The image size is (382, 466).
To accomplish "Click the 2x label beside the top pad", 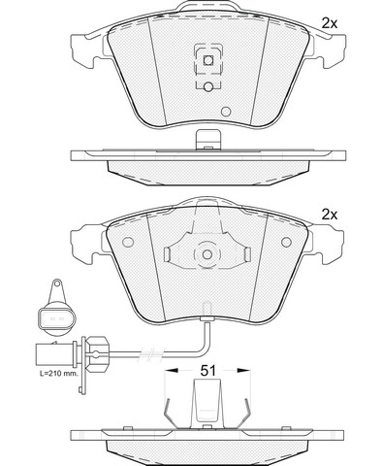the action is (x=329, y=23).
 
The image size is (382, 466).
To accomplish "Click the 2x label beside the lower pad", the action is (x=329, y=215).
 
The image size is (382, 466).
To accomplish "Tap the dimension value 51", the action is (x=207, y=371).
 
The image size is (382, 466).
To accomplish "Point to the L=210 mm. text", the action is (x=59, y=374).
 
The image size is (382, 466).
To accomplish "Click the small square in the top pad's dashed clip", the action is (x=208, y=60).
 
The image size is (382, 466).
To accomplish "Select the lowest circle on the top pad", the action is (x=226, y=112).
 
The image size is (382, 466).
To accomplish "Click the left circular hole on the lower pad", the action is (x=128, y=242).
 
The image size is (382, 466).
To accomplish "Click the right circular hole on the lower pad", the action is (x=286, y=242).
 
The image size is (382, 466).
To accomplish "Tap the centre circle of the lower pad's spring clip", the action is (x=207, y=254).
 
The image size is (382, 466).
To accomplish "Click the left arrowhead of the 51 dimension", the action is (x=172, y=371).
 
